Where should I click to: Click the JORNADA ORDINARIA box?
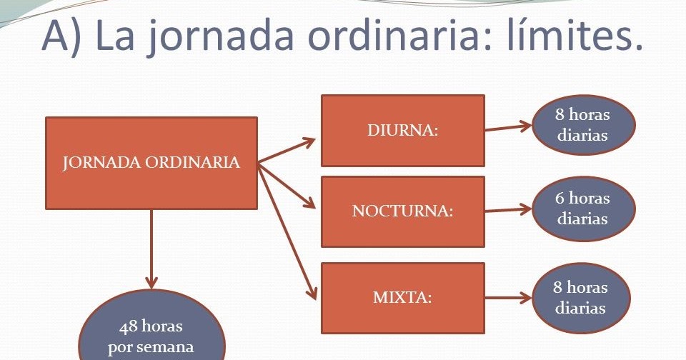point(151,163)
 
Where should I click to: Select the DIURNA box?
point(403,131)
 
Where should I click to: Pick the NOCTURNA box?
point(403,211)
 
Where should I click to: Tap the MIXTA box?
point(403,299)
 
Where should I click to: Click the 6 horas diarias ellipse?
point(583,209)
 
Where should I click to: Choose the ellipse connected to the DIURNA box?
point(583,125)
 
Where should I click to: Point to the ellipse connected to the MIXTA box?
point(581,298)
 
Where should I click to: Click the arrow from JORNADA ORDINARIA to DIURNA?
point(287,151)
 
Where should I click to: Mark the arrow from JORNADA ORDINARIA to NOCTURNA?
point(287,186)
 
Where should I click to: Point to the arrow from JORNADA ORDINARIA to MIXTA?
point(287,231)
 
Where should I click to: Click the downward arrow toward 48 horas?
point(151,249)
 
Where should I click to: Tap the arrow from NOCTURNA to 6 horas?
point(508,210)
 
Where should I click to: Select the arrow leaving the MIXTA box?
point(508,299)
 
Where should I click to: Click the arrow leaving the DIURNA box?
point(508,127)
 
